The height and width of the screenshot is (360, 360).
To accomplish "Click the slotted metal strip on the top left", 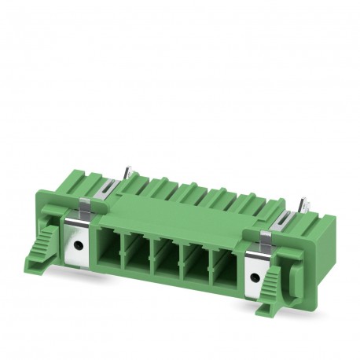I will point(109,189).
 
